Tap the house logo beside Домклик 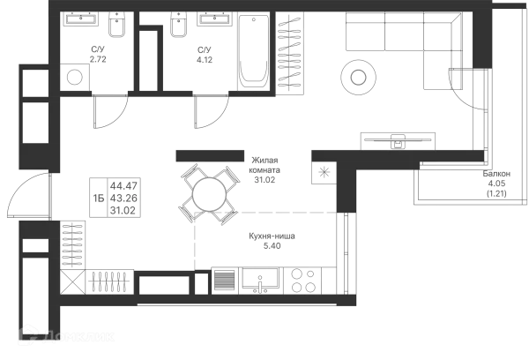point(31,333)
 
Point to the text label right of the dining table point(264,167)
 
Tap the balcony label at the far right point(497,183)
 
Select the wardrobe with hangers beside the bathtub point(288,53)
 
